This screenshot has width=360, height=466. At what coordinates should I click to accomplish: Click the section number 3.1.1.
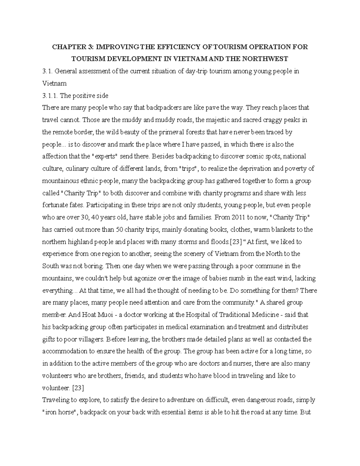click(x=50, y=96)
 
